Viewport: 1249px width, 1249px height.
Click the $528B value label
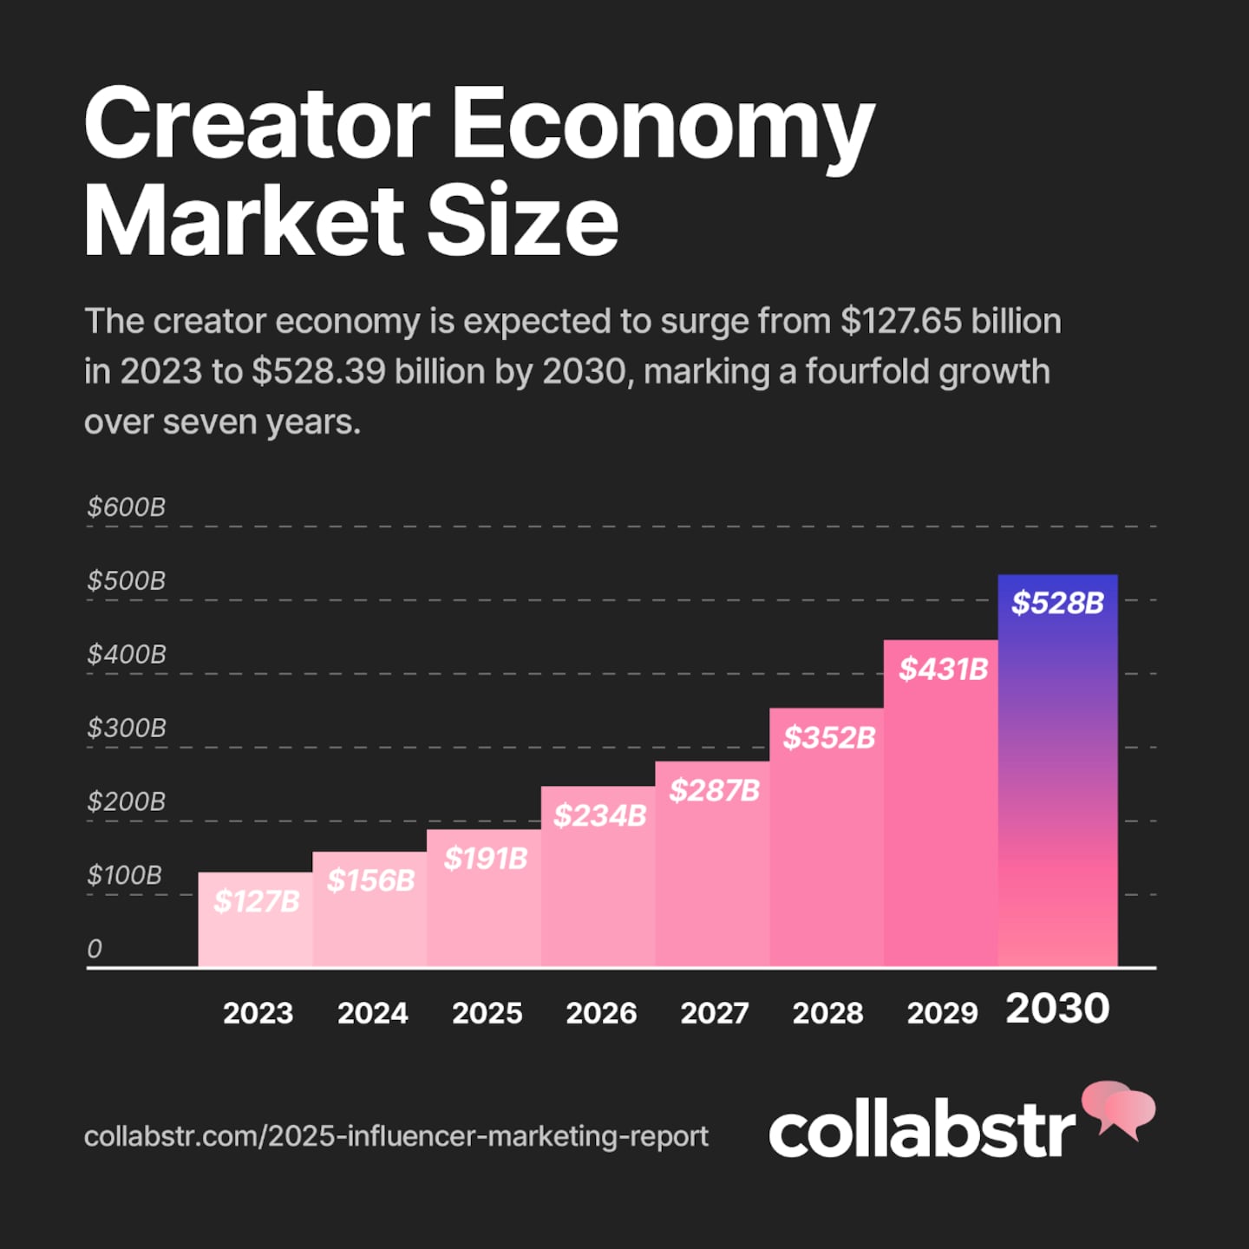point(1057,603)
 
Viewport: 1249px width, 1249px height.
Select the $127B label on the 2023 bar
point(257,901)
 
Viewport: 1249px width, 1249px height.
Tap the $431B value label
point(943,669)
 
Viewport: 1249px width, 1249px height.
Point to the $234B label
point(600,815)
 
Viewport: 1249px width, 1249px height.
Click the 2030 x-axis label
point(1057,1009)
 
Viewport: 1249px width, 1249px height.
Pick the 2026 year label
point(601,1013)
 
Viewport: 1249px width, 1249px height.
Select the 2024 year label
point(372,1013)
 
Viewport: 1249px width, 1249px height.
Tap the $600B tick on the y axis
point(127,507)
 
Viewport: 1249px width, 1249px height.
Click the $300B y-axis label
point(127,728)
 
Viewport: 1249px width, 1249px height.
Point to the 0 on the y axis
point(95,949)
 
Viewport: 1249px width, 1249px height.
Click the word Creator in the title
point(257,123)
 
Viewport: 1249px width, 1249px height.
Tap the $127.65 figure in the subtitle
point(901,321)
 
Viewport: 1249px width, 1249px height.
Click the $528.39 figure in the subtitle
point(318,371)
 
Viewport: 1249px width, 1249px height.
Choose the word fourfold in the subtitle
point(866,371)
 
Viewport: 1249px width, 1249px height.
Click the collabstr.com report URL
point(396,1136)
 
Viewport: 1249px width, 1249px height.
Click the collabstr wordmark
point(922,1131)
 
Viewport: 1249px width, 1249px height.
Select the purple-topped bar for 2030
point(1057,781)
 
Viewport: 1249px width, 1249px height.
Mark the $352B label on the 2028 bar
point(829,737)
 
